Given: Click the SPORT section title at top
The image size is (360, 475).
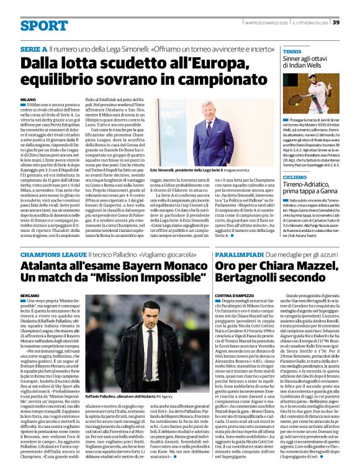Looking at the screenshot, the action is tap(43, 26).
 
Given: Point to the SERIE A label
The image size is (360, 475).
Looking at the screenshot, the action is tap(33, 48).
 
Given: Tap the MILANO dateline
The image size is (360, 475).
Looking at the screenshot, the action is tap(28, 100).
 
